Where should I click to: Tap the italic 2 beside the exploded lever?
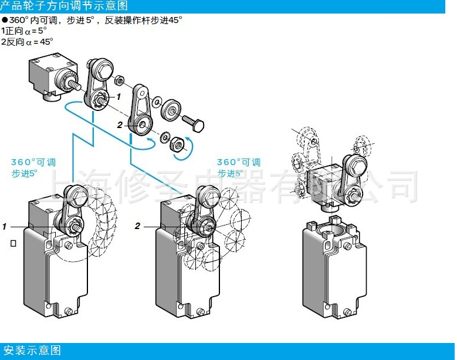(x=119, y=125)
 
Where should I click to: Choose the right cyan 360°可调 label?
(x=239, y=162)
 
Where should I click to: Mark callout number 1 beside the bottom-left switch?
(x=5, y=226)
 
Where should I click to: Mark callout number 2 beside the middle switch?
(x=137, y=226)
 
